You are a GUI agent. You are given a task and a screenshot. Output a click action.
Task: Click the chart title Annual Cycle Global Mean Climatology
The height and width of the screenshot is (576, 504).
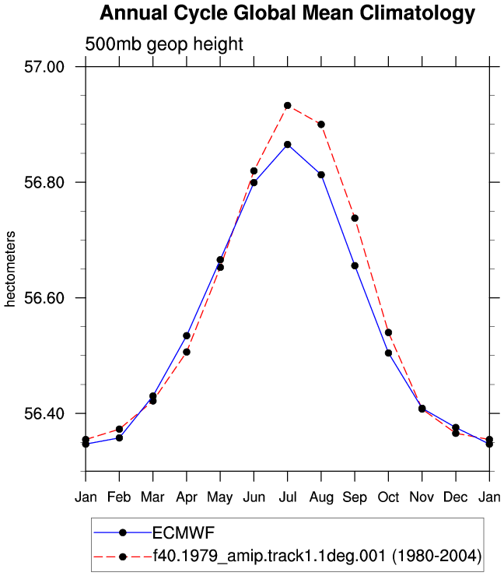(x=288, y=13)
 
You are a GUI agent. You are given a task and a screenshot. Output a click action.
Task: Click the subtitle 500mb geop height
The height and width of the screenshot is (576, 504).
(x=164, y=44)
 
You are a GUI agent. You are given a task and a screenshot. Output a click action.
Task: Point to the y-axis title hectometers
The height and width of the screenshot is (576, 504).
(x=10, y=269)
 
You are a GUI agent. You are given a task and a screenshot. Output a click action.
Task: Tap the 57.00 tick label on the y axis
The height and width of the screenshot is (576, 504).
(x=44, y=67)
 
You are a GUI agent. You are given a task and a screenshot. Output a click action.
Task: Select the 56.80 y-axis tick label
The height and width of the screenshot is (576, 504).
(x=44, y=182)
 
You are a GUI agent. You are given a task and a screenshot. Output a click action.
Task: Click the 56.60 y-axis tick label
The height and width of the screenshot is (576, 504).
(x=44, y=297)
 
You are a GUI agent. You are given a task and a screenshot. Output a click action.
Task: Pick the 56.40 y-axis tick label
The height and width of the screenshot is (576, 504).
(x=44, y=413)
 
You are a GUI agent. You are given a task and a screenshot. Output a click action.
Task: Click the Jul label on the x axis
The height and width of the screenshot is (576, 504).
(x=288, y=497)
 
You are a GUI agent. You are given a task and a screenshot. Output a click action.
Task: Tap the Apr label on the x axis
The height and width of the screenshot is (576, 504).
(x=187, y=497)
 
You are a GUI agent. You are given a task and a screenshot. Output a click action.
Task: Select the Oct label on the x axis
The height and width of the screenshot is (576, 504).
(x=388, y=497)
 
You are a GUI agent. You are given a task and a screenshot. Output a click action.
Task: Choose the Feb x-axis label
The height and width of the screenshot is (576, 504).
(x=119, y=497)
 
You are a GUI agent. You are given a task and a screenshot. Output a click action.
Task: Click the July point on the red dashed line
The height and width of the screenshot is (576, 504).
(x=288, y=106)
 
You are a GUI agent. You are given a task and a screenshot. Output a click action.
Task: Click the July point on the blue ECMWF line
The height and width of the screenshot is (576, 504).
(x=288, y=145)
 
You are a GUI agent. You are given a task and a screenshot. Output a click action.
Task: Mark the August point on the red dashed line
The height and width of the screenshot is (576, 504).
(x=321, y=125)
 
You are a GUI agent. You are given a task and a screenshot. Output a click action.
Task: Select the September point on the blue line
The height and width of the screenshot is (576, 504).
(x=355, y=265)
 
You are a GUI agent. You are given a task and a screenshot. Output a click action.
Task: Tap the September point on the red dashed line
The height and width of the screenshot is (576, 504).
(x=355, y=218)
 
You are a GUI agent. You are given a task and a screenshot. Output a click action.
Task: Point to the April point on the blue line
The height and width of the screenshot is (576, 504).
(x=187, y=335)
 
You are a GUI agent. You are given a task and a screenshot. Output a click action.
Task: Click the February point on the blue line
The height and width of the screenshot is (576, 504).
(x=119, y=438)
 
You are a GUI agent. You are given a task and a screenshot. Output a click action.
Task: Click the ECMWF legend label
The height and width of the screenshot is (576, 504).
(x=184, y=532)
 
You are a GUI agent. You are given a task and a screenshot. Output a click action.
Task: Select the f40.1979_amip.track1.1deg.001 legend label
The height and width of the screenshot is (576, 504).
(x=269, y=556)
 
